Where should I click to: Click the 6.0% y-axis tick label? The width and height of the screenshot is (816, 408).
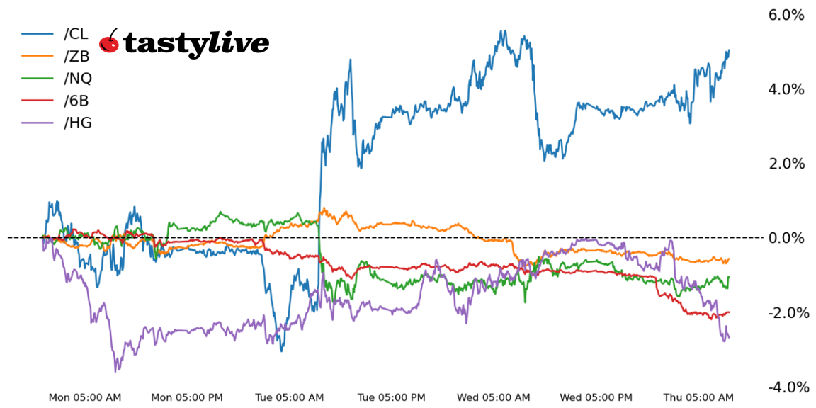[786, 15]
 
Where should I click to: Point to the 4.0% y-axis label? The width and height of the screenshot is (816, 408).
[786, 89]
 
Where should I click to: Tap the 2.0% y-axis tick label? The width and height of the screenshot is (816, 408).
[786, 164]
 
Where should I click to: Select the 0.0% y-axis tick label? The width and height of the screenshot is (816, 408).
[786, 238]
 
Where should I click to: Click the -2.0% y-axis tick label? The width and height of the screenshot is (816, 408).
[784, 312]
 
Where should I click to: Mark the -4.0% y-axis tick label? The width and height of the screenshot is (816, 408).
[784, 387]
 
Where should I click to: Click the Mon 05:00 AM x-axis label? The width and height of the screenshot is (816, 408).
[85, 397]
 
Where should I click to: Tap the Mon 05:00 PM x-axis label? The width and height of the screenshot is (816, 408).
[187, 397]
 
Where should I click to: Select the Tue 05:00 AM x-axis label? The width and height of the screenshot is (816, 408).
[289, 397]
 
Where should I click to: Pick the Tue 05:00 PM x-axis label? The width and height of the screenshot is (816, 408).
[392, 397]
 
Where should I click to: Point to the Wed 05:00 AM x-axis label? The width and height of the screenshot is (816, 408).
[494, 397]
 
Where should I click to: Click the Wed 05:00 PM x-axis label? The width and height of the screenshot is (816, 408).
[596, 397]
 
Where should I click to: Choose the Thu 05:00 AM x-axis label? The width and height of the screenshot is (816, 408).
[698, 397]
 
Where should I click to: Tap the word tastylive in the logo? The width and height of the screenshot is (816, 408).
[196, 44]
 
